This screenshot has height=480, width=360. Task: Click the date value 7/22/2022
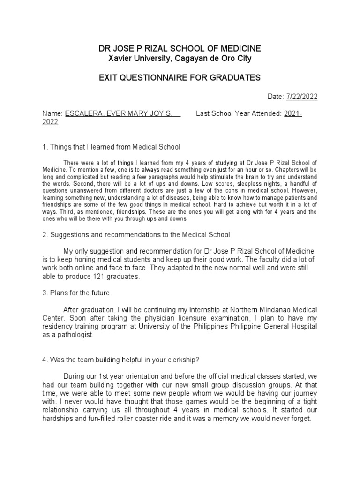click(300, 97)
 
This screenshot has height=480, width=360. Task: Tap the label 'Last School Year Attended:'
click(239, 114)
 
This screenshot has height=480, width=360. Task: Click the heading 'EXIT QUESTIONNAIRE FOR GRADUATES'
click(180, 77)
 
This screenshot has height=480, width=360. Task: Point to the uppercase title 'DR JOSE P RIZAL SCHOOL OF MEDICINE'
click(180, 49)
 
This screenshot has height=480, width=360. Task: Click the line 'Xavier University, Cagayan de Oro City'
click(180, 59)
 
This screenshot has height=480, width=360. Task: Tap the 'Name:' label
click(52, 114)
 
